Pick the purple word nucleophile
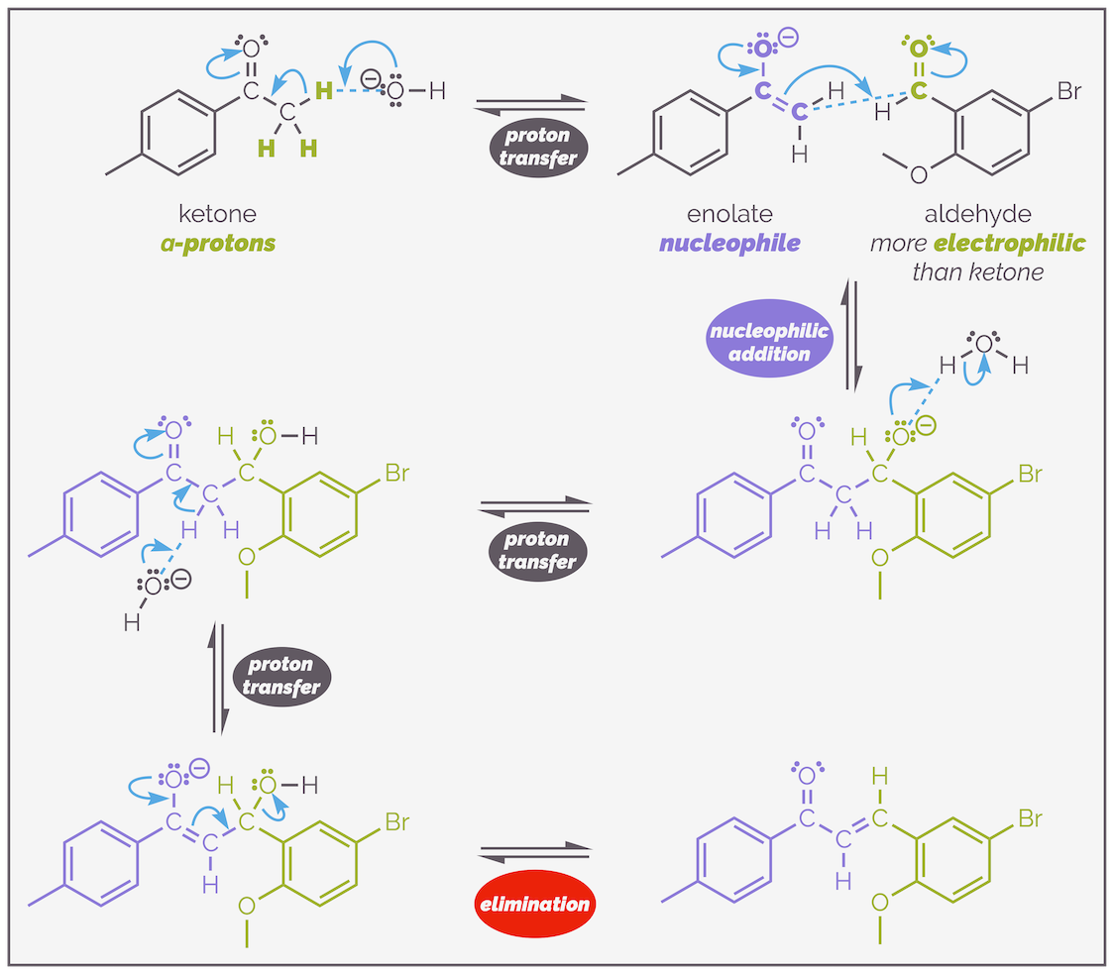[729, 243]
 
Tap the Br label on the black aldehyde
[1068, 92]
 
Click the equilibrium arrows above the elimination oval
[534, 851]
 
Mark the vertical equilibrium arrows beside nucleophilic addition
[851, 335]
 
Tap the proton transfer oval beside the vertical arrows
[281, 676]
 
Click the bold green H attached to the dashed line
[322, 92]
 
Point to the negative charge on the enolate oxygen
[788, 40]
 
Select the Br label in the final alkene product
[1030, 819]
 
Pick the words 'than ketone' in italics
[977, 271]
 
